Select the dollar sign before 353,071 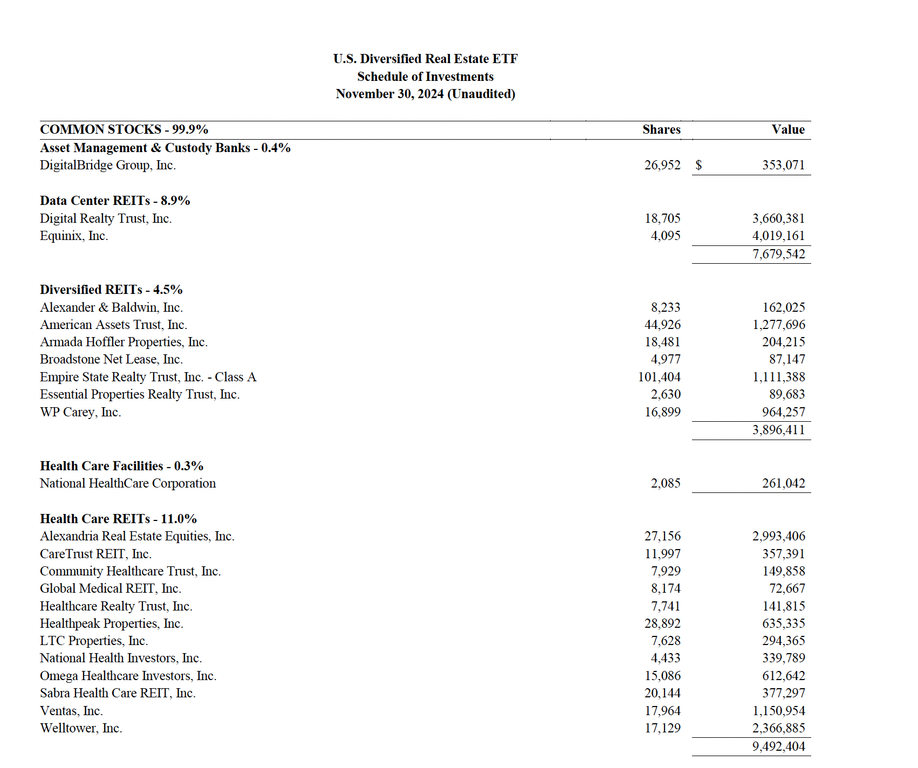click(x=698, y=165)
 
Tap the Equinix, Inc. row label click(x=74, y=236)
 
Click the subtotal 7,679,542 click(x=778, y=254)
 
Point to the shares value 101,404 click(x=659, y=377)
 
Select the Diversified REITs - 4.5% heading click(x=111, y=290)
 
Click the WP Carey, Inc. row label click(x=80, y=412)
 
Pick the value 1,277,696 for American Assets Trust click(x=778, y=325)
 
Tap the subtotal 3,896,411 click(x=778, y=430)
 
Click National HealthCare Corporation click(x=128, y=483)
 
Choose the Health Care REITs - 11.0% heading click(x=118, y=519)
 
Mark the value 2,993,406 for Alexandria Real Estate click(x=778, y=536)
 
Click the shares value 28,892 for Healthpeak click(x=662, y=623)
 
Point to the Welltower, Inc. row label click(x=81, y=728)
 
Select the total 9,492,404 click(x=778, y=746)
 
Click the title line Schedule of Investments click(x=425, y=77)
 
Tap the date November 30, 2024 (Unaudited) click(x=425, y=94)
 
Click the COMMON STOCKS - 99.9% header click(x=124, y=129)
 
